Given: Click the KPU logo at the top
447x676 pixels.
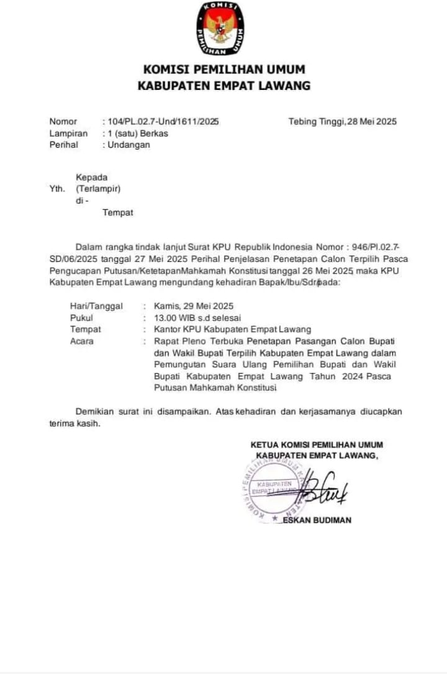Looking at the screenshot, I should pos(220,28).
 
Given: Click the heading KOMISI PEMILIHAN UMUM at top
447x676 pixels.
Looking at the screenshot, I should pos(224,70).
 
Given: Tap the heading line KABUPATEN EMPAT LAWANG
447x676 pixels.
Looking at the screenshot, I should pos(224,86).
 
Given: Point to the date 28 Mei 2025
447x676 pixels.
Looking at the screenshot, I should pos(370,122).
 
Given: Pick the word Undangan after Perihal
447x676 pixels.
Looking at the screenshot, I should pos(130,145).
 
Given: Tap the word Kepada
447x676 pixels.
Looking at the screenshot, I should pos(92,178).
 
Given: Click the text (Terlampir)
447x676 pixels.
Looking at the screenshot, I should pos(98,189).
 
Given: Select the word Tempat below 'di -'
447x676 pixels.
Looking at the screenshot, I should pos(118,213).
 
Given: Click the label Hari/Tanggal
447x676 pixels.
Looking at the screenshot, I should pos(96,306).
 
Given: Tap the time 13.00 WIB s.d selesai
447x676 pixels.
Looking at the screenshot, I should pos(197,318).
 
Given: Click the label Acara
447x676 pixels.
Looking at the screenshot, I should pos(82,341).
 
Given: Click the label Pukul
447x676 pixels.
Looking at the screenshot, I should pos(81,318).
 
